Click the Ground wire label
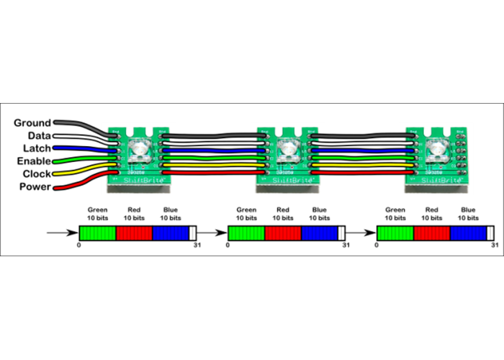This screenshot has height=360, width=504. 32,123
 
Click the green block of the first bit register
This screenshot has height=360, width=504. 97,233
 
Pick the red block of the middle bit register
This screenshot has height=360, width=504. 283,233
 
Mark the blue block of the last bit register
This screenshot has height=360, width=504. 468,233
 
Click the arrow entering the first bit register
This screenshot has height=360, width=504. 61,233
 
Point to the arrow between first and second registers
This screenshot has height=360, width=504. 211,233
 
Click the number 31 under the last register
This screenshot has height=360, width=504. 494,246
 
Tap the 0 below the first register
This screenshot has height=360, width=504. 78,246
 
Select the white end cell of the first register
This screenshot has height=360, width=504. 192,233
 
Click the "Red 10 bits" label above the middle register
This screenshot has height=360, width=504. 283,214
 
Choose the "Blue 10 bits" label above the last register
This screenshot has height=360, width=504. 468,214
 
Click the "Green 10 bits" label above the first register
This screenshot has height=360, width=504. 97,214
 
